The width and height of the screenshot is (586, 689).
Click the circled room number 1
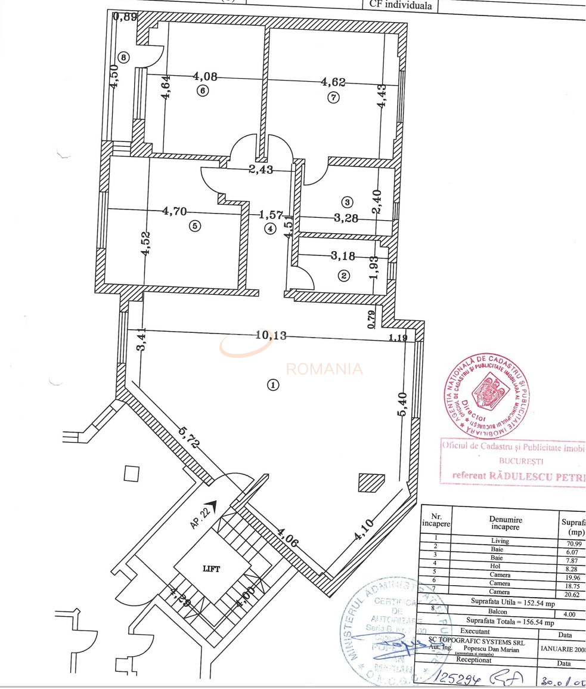pos(273,385)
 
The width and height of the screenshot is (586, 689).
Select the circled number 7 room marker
pos(333,98)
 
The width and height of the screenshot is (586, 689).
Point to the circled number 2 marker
pos(343,276)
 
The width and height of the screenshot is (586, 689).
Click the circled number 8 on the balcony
pos(123,58)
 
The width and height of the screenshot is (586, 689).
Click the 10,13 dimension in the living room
pos(271,335)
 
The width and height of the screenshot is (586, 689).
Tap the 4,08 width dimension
pos(205,76)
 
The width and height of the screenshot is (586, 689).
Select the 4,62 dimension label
pos(333,82)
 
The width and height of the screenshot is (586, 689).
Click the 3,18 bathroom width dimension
pos(343,257)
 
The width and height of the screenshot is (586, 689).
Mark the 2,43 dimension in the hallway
pos(261,169)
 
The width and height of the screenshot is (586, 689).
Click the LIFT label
pos(212,568)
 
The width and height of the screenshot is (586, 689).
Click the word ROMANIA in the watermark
pos(324,369)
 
